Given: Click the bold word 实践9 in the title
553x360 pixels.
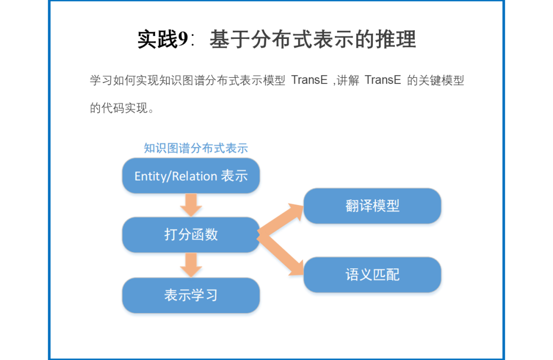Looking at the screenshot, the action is (163, 39).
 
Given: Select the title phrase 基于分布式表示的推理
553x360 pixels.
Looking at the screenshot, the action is (312, 39).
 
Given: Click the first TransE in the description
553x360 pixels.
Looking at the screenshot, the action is (309, 80).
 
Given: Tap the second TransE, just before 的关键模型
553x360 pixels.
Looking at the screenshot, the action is (382, 80).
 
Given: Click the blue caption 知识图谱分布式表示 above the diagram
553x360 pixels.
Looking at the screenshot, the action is (196, 149).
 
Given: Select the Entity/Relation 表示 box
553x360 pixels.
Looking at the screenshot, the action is (191, 176).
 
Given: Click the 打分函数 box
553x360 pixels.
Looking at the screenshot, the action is (191, 235).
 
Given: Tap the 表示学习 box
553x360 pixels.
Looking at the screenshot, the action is (191, 295).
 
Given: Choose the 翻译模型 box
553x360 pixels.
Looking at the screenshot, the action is (372, 206).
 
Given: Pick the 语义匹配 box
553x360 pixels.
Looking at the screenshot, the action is (372, 274).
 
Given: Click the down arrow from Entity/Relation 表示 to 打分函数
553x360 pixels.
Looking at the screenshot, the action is (191, 205).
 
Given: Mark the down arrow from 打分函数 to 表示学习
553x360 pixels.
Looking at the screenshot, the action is (191, 265).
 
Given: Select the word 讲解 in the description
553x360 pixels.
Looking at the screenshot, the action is (351, 80).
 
